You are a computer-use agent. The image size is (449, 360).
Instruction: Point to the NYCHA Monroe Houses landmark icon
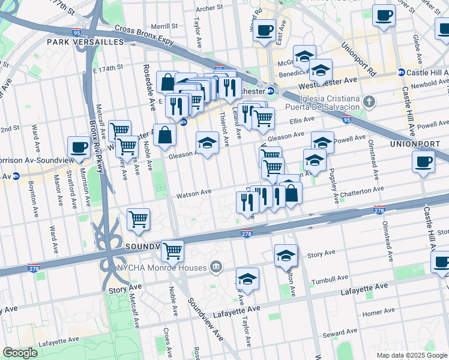tap(216, 266)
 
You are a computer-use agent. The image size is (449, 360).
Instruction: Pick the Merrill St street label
tap(164, 26)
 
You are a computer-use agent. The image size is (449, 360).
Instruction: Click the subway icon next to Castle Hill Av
tap(401, 73)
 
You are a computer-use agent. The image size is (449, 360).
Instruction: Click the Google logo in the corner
tap(19, 353)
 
